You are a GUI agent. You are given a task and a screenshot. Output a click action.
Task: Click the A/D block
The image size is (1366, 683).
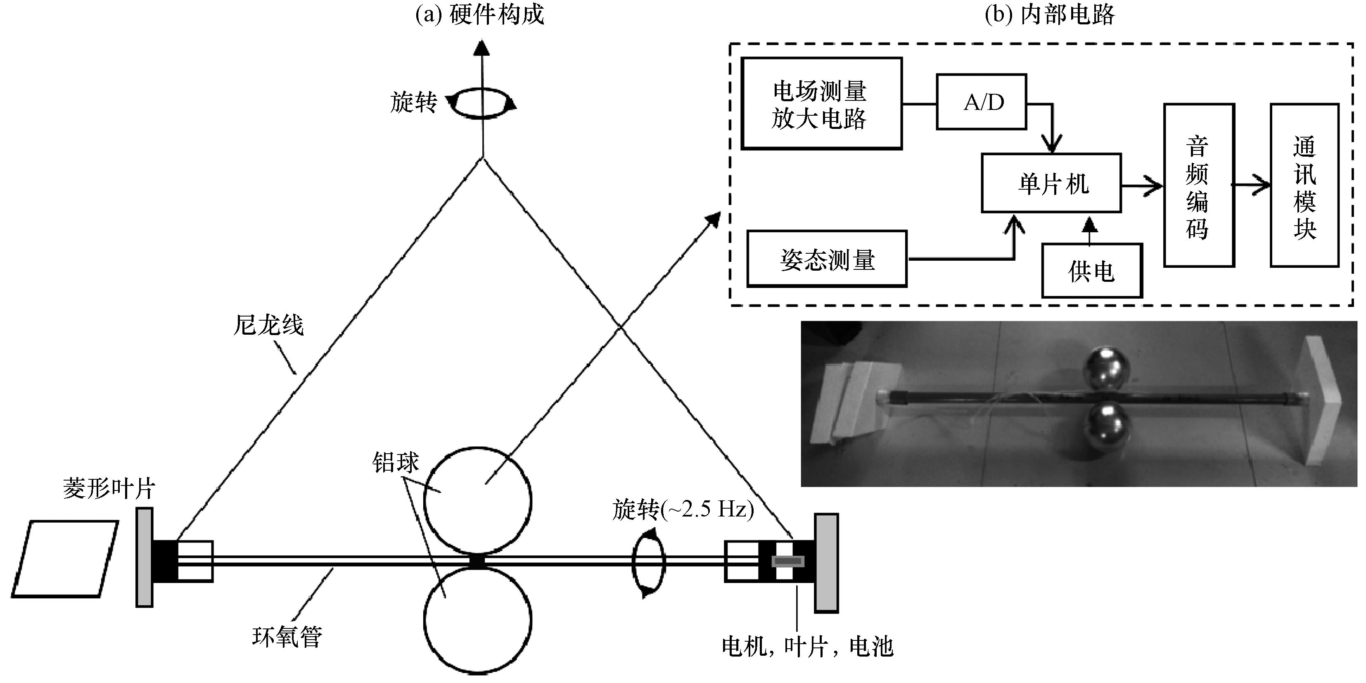pyautogui.click(x=981, y=102)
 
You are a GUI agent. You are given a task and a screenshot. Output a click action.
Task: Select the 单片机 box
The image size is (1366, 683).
pyautogui.click(x=1051, y=183)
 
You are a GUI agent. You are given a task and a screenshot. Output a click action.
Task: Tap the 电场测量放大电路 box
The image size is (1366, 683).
pyautogui.click(x=821, y=103)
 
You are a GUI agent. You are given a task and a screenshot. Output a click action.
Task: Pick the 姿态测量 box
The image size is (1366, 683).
pyautogui.click(x=827, y=259)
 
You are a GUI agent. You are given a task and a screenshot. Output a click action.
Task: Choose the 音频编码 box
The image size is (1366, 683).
pyautogui.click(x=1199, y=185)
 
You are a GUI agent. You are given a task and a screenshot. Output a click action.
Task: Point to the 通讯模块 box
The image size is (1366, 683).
pyautogui.click(x=1304, y=185)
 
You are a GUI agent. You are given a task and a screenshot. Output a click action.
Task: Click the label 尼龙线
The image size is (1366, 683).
pyautogui.click(x=268, y=325)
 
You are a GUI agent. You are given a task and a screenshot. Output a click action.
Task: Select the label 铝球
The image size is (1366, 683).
pyautogui.click(x=396, y=462)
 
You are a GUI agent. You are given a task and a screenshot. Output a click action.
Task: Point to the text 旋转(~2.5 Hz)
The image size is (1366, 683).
pyautogui.click(x=683, y=510)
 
